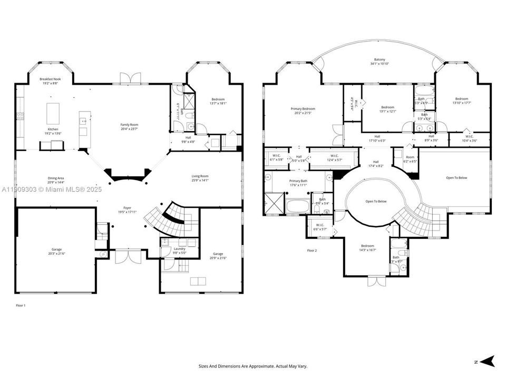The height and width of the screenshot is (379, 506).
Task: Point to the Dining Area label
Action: click(55, 179)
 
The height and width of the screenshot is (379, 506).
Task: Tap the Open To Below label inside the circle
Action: click(376, 202)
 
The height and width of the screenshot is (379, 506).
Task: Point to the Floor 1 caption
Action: click(21, 305)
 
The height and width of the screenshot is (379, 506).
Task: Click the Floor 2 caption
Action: click(312, 251)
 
